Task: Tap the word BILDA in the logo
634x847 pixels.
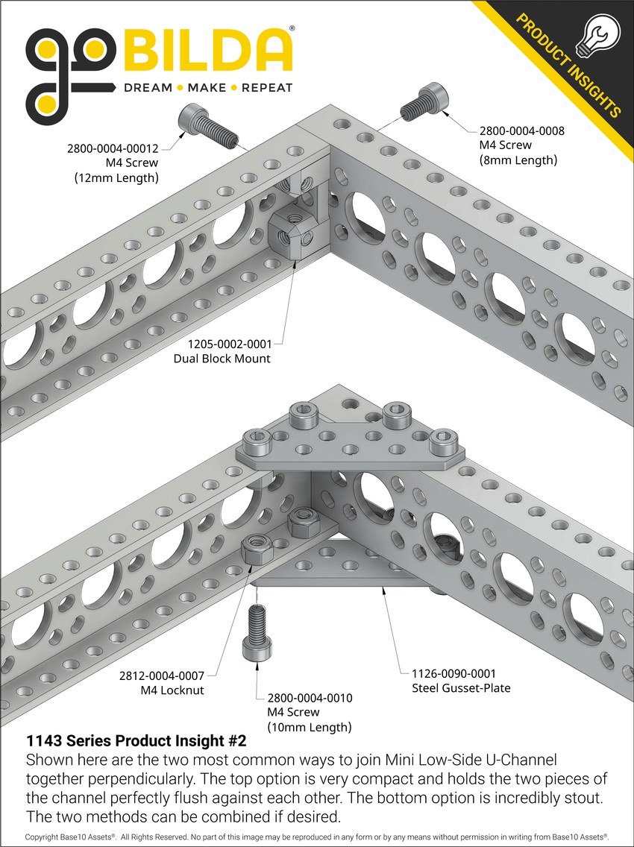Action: point(208,51)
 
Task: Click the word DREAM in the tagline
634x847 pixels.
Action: point(148,88)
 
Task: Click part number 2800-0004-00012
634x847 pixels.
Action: point(119,148)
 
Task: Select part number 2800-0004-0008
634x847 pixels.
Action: point(521,130)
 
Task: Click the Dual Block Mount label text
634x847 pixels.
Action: point(222,359)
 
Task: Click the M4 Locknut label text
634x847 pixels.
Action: point(172,690)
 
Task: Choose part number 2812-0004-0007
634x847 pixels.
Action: point(161,676)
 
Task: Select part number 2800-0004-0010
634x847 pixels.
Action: point(310,698)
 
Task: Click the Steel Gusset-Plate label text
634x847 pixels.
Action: point(461,687)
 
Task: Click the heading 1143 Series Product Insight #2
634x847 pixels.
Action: point(136,741)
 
